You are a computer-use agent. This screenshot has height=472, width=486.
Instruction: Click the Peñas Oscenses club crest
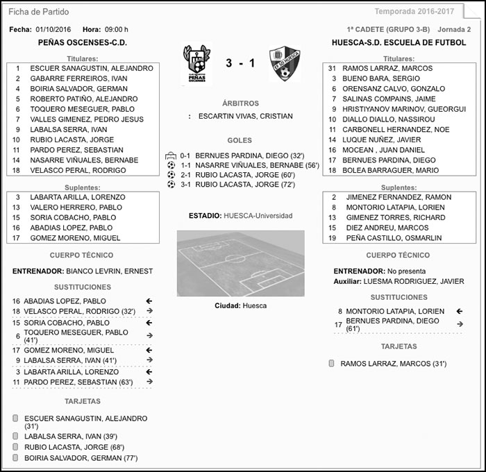[197, 64]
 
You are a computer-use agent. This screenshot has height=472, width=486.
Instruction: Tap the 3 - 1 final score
[240, 64]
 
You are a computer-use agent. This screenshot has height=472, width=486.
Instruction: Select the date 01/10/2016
[53, 30]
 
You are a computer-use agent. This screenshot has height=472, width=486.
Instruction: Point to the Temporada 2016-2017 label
[414, 12]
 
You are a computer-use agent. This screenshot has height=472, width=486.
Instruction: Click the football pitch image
[240, 264]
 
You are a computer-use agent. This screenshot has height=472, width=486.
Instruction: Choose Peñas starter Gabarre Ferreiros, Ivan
[78, 79]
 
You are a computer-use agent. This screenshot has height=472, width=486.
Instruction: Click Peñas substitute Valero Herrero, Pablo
[76, 208]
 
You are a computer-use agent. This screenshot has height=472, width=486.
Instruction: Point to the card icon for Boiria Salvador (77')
[15, 458]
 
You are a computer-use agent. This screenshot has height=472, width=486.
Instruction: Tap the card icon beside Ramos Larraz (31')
[331, 363]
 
